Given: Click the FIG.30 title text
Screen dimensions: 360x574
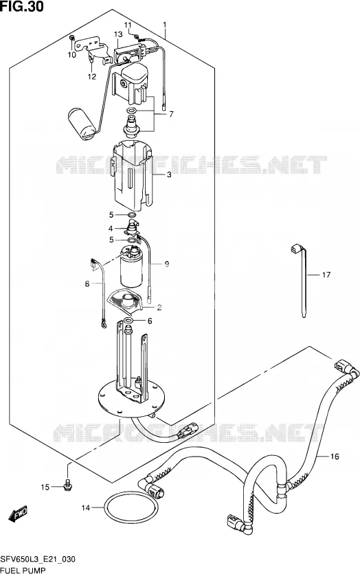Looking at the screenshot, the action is (x=22, y=6).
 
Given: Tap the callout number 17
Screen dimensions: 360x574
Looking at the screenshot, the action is (x=326, y=275).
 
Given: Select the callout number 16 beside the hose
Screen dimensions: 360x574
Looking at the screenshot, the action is (x=335, y=456).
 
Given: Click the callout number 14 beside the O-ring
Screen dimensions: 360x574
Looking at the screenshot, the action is (x=85, y=507).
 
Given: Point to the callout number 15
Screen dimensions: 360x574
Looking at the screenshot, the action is (x=45, y=487).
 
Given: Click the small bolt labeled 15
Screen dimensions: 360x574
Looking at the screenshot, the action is (x=68, y=484).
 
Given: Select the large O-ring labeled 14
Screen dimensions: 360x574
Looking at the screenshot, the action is (x=131, y=507).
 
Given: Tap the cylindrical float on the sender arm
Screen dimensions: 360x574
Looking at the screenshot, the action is (x=82, y=123).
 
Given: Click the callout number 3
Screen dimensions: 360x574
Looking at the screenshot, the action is (x=169, y=174).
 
